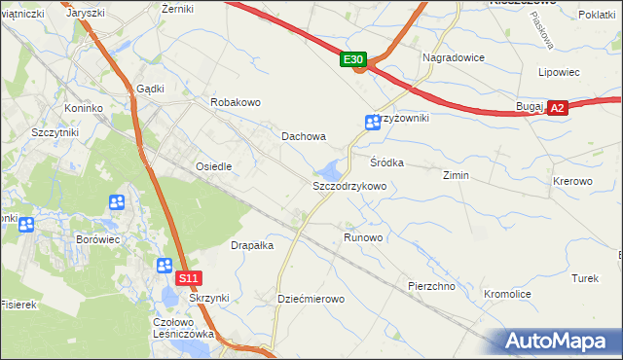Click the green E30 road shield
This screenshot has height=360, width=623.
point(353,60)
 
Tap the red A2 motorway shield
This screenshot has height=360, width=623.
point(557,109)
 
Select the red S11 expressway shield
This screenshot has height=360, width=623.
point(191,278)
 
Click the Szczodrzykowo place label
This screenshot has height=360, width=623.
point(349,186)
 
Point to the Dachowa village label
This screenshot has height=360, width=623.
point(304,137)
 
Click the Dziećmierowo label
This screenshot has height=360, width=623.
point(311,299)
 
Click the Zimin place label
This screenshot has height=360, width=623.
point(456,176)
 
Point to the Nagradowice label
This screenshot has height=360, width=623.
point(454,57)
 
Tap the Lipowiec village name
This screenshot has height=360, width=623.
point(559,72)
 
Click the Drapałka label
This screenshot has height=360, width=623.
point(251,246)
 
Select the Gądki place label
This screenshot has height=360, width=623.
point(151,88)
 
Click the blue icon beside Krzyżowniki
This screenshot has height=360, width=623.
point(372,123)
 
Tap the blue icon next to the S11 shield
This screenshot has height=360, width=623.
point(165,266)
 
